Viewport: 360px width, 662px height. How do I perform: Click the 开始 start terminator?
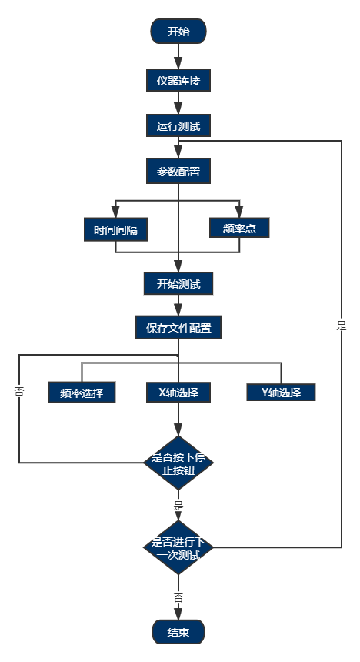pyautogui.click(x=178, y=32)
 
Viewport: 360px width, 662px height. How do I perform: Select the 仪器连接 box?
pyautogui.click(x=178, y=80)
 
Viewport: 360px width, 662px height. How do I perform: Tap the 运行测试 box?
pyautogui.click(x=178, y=125)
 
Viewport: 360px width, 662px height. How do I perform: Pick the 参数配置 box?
pyautogui.click(x=178, y=172)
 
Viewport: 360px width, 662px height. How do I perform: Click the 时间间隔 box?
pyautogui.click(x=115, y=229)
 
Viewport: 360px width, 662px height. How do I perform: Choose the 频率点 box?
pyautogui.click(x=239, y=228)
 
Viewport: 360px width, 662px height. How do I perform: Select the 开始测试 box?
pyautogui.click(x=178, y=283)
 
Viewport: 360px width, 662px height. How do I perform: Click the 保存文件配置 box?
pyautogui.click(x=178, y=327)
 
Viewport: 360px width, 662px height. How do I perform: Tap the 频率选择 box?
pyautogui.click(x=82, y=392)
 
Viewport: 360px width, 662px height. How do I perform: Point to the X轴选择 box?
pyautogui.click(x=178, y=392)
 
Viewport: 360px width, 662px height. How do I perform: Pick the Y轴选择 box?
pyautogui.click(x=281, y=392)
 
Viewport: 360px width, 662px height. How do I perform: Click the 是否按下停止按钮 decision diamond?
pyautogui.click(x=178, y=463)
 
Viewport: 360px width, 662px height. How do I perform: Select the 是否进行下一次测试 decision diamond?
pyautogui.click(x=178, y=547)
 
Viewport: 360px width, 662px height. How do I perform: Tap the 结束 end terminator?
pyautogui.click(x=178, y=632)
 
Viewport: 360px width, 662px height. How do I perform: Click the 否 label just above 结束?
pyautogui.click(x=178, y=597)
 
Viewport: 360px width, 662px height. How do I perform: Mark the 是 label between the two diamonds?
pyautogui.click(x=178, y=506)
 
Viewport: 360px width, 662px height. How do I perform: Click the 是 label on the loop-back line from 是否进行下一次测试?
pyautogui.click(x=342, y=325)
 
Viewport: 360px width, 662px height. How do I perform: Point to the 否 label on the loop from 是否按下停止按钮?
pyautogui.click(x=19, y=391)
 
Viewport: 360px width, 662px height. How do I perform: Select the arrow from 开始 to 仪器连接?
pyautogui.click(x=178, y=56)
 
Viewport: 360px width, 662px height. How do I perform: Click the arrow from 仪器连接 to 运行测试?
pyautogui.click(x=178, y=103)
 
